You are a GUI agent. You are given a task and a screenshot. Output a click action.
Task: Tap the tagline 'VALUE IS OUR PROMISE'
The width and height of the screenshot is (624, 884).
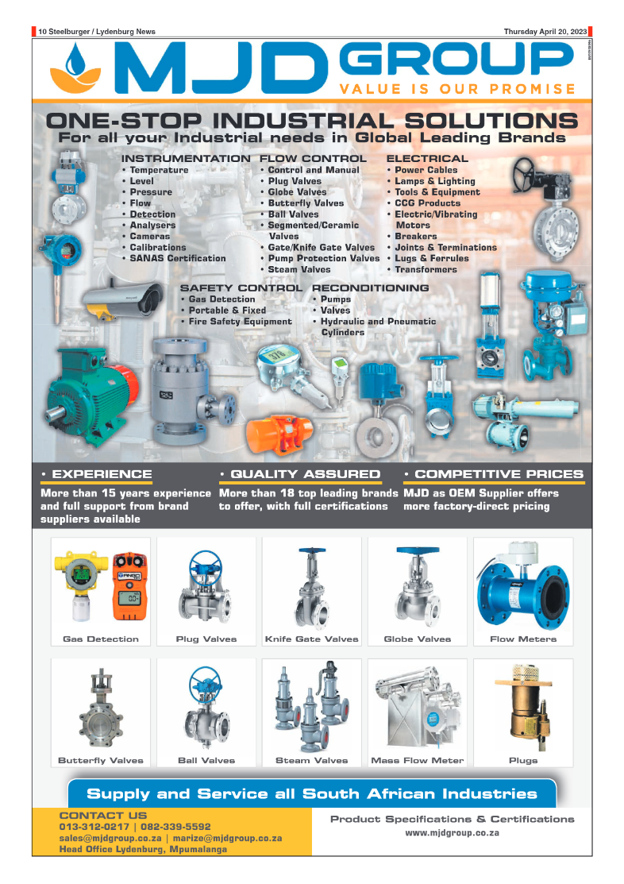(x=456, y=89)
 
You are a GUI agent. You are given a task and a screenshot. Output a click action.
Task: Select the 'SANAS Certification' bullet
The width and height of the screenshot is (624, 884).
(x=177, y=258)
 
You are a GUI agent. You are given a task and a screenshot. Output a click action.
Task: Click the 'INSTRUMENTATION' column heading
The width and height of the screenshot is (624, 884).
(x=185, y=159)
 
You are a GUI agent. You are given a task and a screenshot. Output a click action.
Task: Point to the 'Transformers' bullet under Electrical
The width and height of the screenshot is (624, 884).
(x=426, y=269)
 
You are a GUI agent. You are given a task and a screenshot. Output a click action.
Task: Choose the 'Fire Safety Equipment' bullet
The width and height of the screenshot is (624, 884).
(x=240, y=322)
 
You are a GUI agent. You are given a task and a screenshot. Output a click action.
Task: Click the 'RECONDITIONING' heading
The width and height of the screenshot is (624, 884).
(x=370, y=288)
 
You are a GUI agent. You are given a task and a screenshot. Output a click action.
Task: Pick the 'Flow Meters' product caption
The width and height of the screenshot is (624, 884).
(x=522, y=639)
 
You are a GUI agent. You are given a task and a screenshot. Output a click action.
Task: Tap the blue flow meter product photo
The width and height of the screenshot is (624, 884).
(x=522, y=583)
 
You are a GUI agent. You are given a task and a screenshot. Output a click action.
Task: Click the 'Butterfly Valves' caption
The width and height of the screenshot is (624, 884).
(x=101, y=760)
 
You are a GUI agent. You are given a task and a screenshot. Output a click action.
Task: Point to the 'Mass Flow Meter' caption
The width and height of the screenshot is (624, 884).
(x=417, y=760)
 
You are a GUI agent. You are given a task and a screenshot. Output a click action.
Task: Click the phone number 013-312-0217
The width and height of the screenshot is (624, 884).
(x=92, y=826)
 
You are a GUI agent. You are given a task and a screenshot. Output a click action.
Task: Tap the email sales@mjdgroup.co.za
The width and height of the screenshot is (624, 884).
(x=110, y=838)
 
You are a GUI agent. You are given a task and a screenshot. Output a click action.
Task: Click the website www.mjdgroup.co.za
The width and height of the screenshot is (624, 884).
(x=452, y=833)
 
